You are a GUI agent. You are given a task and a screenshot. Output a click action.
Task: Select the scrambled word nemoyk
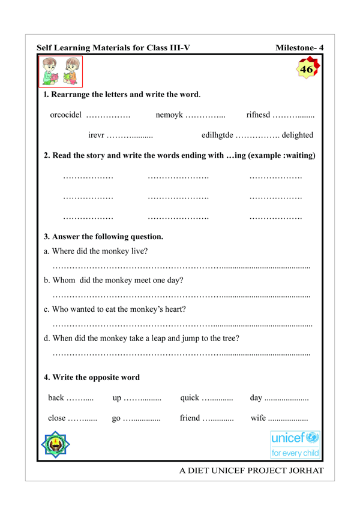tap(169, 115)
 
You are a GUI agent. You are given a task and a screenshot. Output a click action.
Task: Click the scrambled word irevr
tap(97, 135)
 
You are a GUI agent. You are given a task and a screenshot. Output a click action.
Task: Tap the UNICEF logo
tap(296, 444)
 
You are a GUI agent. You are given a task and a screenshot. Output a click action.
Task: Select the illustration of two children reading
tap(60, 72)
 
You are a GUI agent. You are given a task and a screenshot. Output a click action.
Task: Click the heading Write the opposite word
tap(92, 378)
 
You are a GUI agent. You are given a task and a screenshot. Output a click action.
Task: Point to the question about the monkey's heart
tap(115, 309)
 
